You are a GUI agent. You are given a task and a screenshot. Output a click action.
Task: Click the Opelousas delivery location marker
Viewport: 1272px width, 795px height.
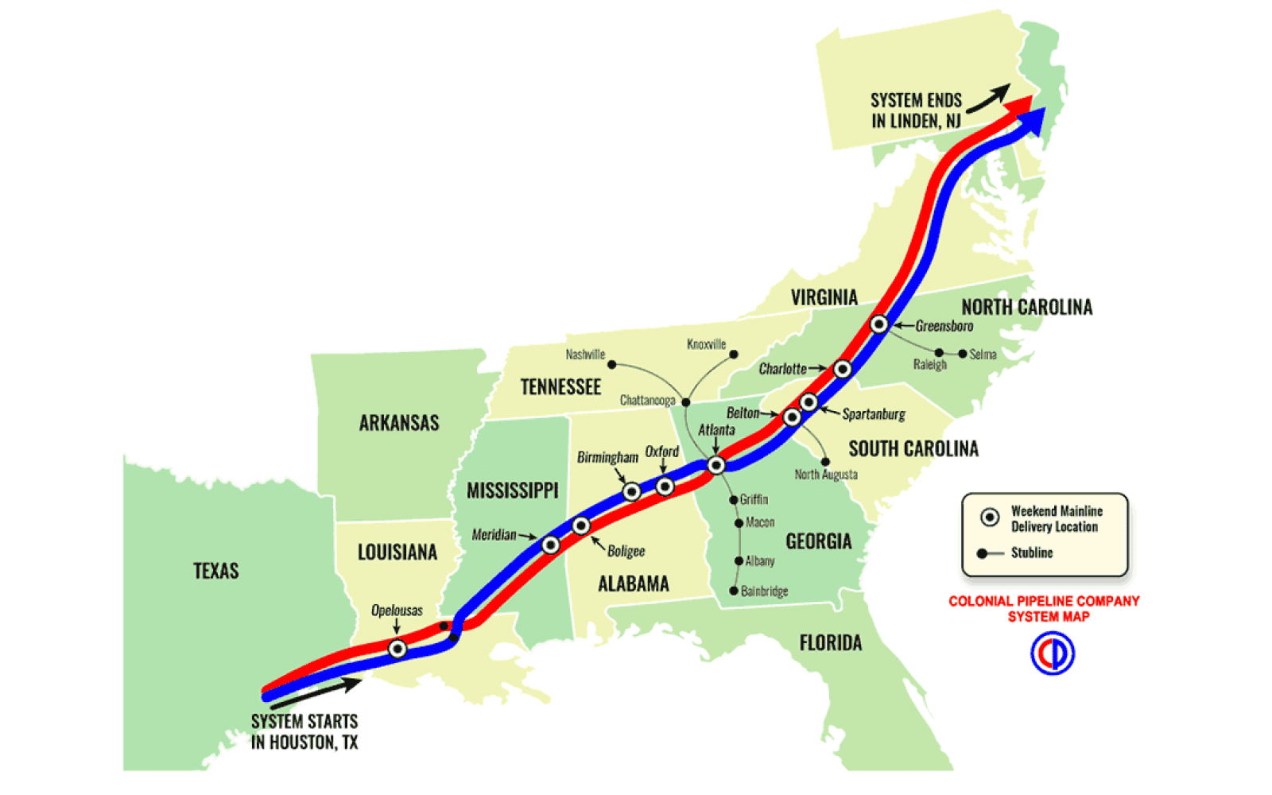(397, 649)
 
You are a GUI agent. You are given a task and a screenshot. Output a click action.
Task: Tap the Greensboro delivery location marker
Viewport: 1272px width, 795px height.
(878, 324)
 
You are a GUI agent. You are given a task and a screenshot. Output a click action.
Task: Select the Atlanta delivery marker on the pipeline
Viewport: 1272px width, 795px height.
(716, 465)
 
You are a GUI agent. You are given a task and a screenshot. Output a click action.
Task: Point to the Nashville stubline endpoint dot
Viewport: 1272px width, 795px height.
(611, 364)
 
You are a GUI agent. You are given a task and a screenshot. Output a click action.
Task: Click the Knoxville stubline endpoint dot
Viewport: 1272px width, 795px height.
(733, 355)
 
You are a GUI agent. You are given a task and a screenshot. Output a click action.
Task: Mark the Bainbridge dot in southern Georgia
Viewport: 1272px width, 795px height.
(733, 591)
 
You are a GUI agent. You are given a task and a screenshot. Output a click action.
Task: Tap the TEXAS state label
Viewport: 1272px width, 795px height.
(215, 571)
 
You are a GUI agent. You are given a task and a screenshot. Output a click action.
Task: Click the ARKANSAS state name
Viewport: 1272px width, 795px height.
(398, 423)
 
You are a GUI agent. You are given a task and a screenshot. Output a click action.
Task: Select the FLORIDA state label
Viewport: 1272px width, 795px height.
(830, 642)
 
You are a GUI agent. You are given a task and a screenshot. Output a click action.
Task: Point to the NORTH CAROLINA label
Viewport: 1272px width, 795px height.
(1026, 307)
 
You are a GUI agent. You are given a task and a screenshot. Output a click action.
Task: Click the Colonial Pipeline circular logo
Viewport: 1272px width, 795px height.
(1052, 653)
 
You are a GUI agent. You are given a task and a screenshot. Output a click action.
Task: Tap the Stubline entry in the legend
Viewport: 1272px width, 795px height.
(1031, 553)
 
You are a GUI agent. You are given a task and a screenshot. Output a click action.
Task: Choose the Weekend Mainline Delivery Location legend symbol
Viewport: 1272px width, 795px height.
(990, 518)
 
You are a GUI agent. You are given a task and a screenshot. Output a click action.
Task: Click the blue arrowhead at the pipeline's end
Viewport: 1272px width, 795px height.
(1033, 119)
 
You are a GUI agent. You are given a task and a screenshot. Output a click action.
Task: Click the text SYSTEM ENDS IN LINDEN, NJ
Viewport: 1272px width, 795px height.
(916, 111)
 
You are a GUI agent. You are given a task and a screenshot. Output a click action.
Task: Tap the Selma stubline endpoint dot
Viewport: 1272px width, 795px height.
(963, 354)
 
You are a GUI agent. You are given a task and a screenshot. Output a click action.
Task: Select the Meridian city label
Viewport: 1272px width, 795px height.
(494, 534)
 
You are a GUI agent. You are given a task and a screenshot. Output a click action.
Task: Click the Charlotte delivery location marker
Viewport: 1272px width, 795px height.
(843, 369)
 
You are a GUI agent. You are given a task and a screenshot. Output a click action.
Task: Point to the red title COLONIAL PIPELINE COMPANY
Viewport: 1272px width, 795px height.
(1044, 601)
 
